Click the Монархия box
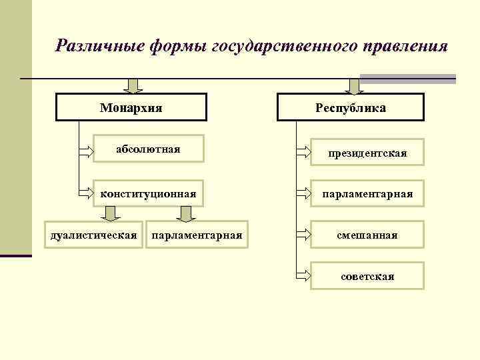pos(131,107)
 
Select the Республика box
pos(350,107)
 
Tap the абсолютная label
pos(148,148)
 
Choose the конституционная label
pos(148,194)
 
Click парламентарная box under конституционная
pos(197,235)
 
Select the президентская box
pos(367,154)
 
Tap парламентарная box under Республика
pos(367,194)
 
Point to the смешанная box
pos(367,235)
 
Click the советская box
pos(367,275)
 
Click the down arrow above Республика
pos(354,85)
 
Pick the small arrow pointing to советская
pos(303,275)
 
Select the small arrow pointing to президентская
pos(303,153)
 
